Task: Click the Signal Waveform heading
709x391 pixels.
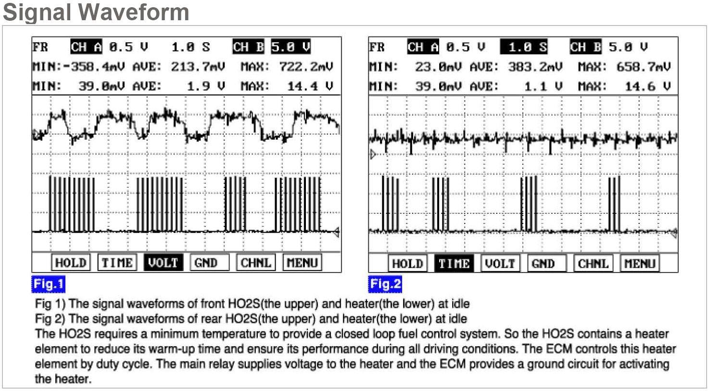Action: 96,12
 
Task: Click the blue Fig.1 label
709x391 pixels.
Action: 48,284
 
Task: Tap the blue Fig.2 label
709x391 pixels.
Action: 385,284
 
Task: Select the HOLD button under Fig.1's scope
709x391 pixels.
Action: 70,263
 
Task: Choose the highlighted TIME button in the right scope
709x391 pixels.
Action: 454,264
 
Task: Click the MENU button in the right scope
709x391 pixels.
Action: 640,264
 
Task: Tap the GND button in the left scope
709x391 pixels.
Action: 206,263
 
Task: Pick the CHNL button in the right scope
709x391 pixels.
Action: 593,264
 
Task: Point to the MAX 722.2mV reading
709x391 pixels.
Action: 306,66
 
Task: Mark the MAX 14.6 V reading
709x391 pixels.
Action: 647,87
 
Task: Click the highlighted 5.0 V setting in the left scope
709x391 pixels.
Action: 291,47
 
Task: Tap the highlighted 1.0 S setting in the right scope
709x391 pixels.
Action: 524,47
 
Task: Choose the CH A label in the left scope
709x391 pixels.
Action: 87,47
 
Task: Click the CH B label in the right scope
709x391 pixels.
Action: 586,47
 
